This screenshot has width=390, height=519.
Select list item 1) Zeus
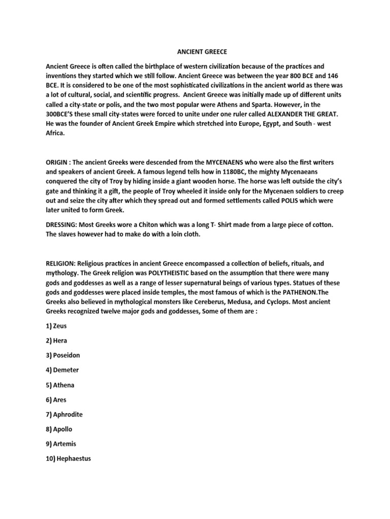pos(56,326)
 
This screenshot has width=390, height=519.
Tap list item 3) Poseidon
pos(63,355)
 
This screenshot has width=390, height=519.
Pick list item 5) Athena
pos(60,385)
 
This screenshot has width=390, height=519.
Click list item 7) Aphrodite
pos(64,414)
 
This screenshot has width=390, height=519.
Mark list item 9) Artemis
pos(61,443)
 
